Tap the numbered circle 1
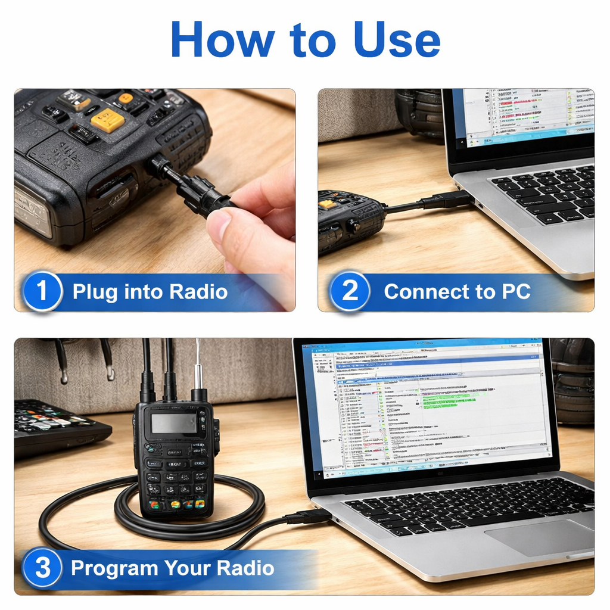point(42,292)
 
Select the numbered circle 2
point(350,292)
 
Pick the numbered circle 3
point(42,568)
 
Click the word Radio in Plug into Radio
point(198,292)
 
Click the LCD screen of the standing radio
point(173,423)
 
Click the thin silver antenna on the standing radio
point(198,363)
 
